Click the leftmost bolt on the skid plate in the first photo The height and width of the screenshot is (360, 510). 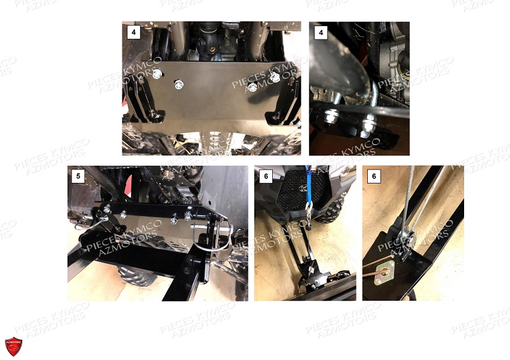157,75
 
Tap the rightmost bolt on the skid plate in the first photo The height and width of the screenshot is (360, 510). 275,76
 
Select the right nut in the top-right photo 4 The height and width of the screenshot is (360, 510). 368,121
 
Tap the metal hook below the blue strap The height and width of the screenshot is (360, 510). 307,210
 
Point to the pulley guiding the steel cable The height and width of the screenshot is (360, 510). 408,238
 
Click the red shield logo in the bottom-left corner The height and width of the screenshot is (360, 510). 13,347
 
